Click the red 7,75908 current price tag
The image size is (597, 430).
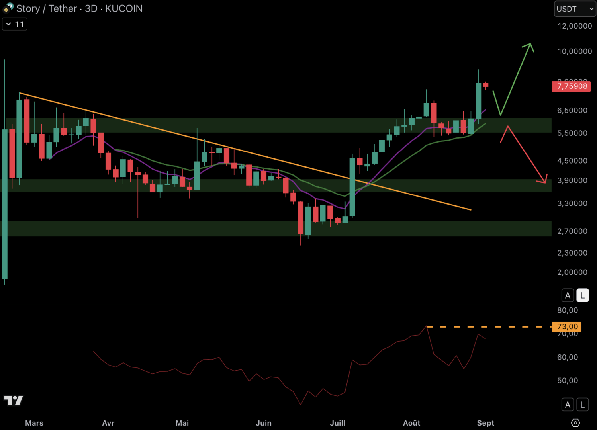click(572, 86)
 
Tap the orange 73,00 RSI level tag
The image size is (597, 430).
click(567, 327)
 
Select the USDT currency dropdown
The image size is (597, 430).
click(575, 9)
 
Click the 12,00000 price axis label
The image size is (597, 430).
click(574, 26)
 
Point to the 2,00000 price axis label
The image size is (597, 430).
click(572, 272)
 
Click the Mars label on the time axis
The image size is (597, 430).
click(34, 423)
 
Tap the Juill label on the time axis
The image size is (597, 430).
click(337, 423)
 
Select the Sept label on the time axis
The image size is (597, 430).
click(485, 423)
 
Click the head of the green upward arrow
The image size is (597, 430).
click(530, 45)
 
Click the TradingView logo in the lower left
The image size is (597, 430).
click(14, 400)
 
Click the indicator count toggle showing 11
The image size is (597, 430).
click(15, 24)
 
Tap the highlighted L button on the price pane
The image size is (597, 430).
click(582, 295)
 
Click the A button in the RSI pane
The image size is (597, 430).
click(568, 405)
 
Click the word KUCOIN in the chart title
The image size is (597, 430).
click(124, 9)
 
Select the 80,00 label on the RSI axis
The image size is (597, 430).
click(568, 310)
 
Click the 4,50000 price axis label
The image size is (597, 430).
click(572, 161)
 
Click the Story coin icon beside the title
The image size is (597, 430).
click(8, 8)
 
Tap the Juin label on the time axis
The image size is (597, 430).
click(263, 423)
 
